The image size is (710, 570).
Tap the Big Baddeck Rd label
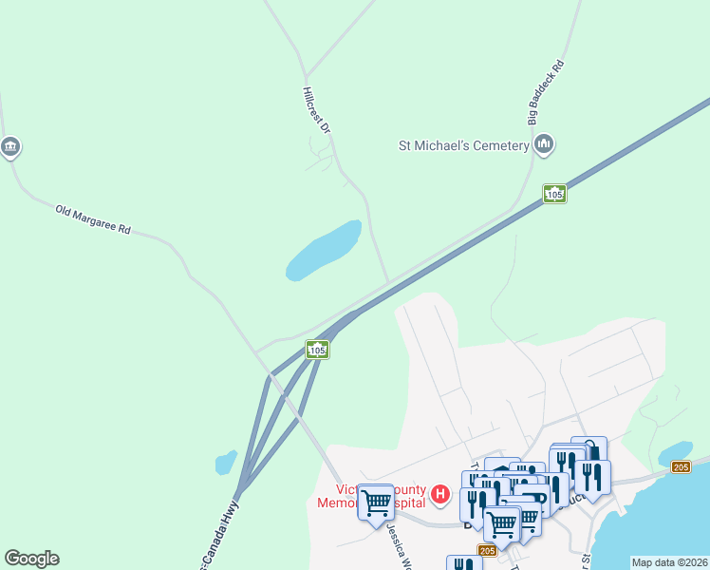(x=547, y=93)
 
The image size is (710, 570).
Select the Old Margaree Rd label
(x=92, y=220)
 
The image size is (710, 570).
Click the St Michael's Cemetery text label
(x=462, y=145)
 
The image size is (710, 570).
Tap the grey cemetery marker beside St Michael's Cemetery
(x=544, y=144)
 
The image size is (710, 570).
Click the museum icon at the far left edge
(x=10, y=147)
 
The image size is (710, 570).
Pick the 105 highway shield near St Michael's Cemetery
(x=555, y=194)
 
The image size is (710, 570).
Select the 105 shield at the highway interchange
(x=317, y=351)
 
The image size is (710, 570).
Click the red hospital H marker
(x=439, y=493)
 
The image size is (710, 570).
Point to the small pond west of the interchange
(x=226, y=463)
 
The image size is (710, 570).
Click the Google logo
(x=31, y=559)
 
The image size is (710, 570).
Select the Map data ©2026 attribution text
(x=669, y=562)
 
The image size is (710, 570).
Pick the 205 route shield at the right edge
(x=681, y=466)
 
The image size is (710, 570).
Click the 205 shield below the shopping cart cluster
(x=488, y=551)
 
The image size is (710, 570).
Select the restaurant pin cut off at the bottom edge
(x=464, y=562)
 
